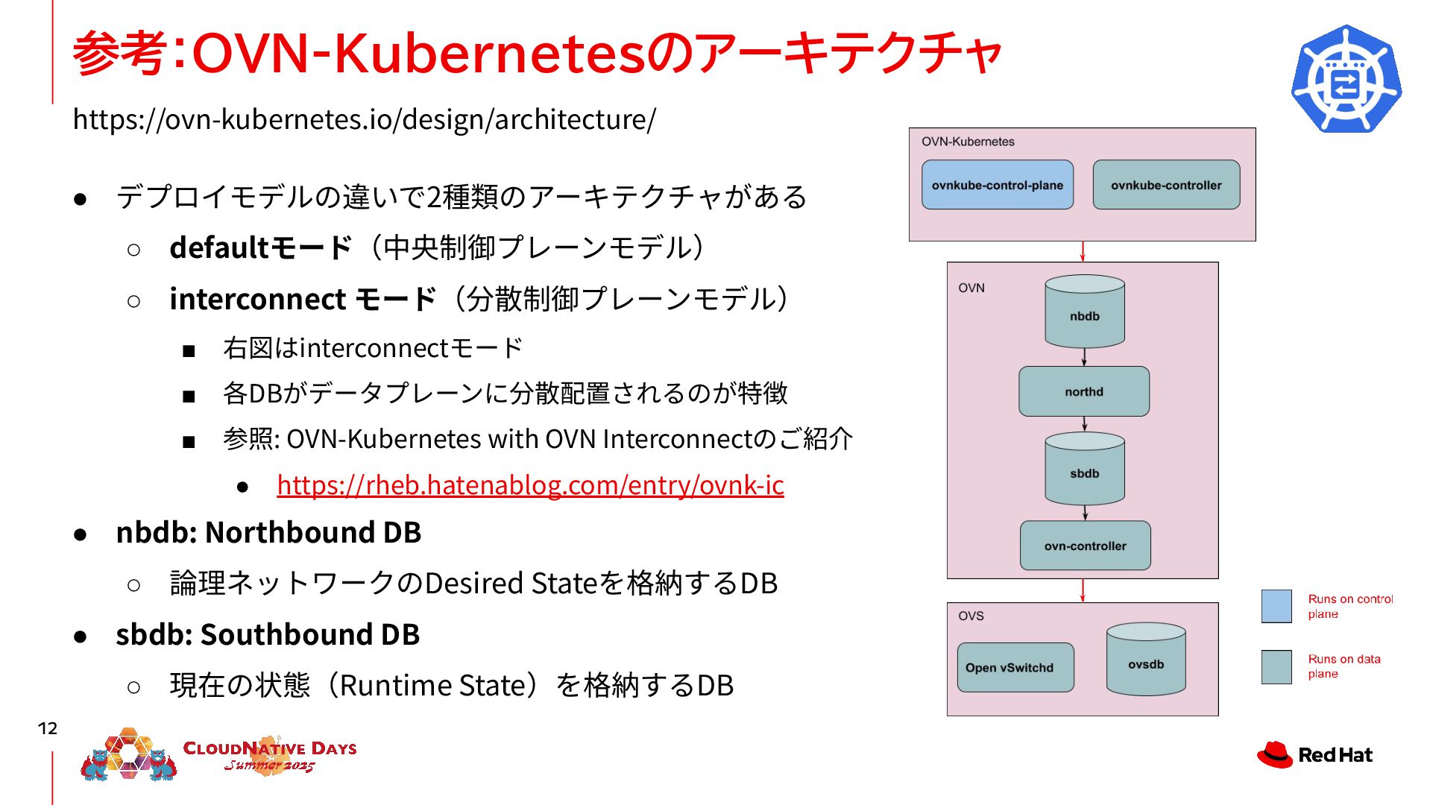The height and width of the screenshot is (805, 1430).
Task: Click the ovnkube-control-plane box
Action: click(997, 185)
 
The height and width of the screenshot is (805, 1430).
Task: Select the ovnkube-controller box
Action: click(1166, 185)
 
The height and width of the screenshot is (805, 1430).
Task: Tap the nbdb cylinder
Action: click(1084, 313)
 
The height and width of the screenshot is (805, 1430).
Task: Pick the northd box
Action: click(1083, 391)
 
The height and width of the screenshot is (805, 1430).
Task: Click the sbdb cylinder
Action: click(1084, 470)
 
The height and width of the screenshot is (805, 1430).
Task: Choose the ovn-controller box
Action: click(1085, 546)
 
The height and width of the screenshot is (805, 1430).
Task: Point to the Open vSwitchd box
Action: click(1015, 668)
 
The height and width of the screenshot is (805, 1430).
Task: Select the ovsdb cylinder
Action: click(1146, 661)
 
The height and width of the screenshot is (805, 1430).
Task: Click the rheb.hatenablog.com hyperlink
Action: click(530, 485)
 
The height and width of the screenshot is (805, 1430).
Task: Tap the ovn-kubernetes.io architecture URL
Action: click(365, 119)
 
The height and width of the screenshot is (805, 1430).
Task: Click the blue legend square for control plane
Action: click(1276, 606)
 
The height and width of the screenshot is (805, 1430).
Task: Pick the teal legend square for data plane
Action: click(1276, 666)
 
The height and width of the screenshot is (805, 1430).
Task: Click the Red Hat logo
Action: click(1314, 754)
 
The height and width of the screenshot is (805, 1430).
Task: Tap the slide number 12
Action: click(48, 728)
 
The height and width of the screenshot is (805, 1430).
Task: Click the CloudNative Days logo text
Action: click(269, 750)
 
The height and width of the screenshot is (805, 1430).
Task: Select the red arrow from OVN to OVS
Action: click(1083, 590)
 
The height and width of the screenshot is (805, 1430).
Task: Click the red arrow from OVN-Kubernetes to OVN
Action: click(1083, 251)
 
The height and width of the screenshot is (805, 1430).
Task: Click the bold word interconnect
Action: click(257, 299)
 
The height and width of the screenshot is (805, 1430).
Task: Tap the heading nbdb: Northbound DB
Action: click(268, 532)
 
